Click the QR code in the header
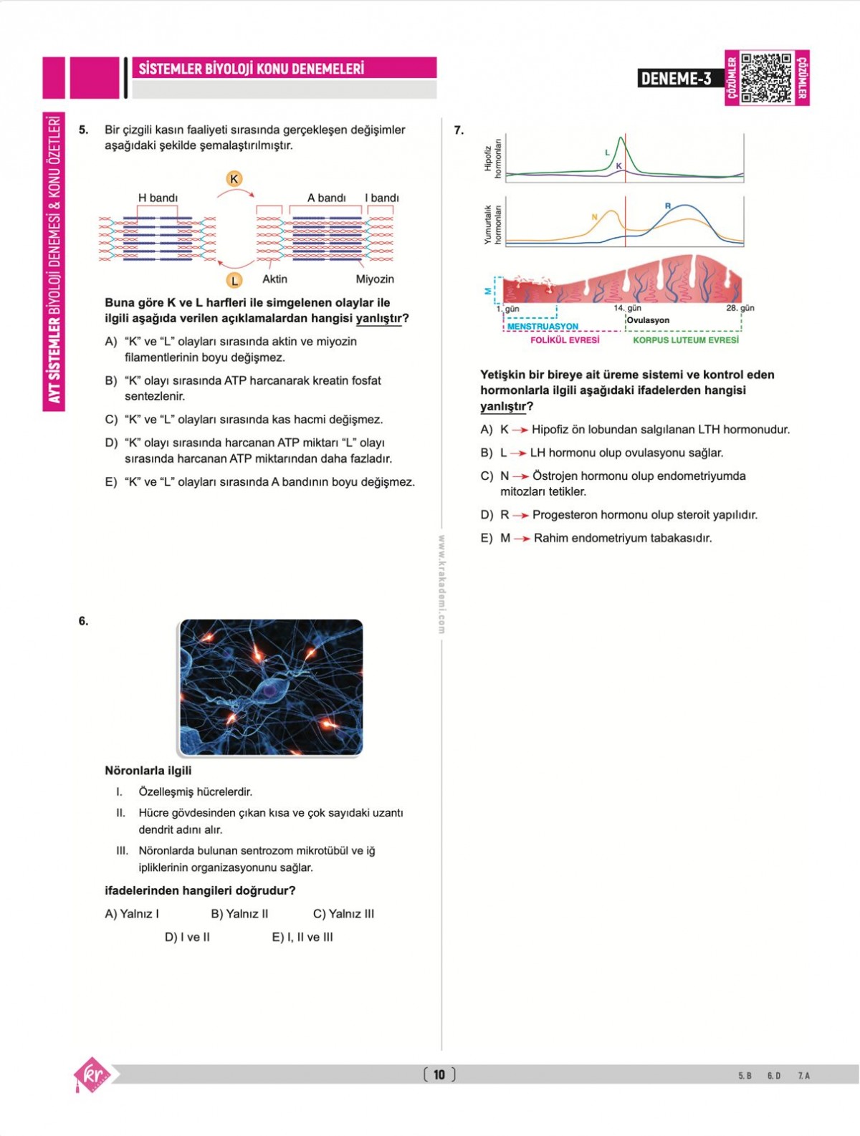(x=767, y=78)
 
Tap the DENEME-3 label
(x=677, y=79)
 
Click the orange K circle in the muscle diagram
(x=234, y=179)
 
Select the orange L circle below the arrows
(x=234, y=281)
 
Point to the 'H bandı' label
(x=158, y=198)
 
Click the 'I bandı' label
(x=381, y=198)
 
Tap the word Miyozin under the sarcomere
(x=375, y=279)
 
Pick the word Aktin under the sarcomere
(x=274, y=279)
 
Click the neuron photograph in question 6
(x=271, y=687)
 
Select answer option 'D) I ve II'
(x=187, y=937)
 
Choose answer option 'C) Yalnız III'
(x=343, y=914)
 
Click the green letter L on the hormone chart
(x=607, y=153)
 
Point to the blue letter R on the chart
(x=668, y=206)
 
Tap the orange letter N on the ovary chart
(x=594, y=217)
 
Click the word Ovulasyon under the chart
(x=648, y=320)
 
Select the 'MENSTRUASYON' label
(x=543, y=327)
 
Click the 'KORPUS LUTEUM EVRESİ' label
(x=685, y=340)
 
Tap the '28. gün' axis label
(x=740, y=308)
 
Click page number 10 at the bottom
(x=439, y=1074)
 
